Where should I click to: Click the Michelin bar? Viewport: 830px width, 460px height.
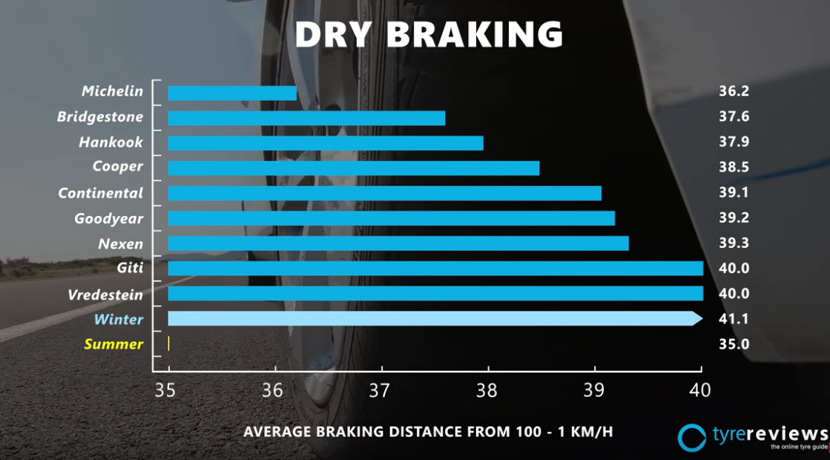[x=232, y=93]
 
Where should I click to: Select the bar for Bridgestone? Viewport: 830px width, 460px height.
[x=306, y=118]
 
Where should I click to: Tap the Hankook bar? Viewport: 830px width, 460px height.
[x=326, y=143]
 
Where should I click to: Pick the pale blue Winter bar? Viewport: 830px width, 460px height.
[x=430, y=318]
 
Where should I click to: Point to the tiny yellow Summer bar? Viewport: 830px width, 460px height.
[x=169, y=344]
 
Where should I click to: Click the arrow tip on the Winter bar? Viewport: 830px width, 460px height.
[x=697, y=318]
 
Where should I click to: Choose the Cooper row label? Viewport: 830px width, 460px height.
[x=117, y=166]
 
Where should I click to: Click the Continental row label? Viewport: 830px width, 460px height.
[x=101, y=193]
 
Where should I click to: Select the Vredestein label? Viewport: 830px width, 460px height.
[x=105, y=295]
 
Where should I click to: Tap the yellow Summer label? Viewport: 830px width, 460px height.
[x=113, y=344]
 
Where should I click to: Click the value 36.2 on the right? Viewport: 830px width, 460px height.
[x=734, y=91]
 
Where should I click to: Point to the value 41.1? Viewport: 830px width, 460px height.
[x=734, y=319]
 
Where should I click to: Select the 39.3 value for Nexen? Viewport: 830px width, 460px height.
[x=734, y=243]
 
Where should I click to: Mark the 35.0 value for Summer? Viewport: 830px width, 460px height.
[x=734, y=344]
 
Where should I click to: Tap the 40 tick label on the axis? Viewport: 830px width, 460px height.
[x=700, y=390]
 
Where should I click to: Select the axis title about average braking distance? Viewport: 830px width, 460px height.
[x=428, y=431]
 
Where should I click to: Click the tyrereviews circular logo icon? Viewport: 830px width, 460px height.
[x=692, y=437]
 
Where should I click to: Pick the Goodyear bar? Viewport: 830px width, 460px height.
[x=391, y=218]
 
